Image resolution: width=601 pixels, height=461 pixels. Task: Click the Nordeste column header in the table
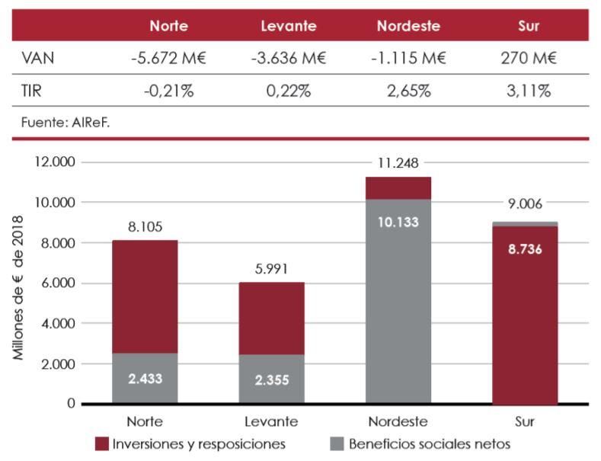point(408,26)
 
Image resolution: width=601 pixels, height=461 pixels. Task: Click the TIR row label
point(31,91)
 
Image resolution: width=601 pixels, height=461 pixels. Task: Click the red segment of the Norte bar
point(145,297)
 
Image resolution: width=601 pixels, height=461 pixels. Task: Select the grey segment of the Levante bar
point(271,379)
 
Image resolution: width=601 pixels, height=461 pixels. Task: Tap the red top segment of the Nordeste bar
point(398,188)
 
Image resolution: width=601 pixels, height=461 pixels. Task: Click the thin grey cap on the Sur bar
point(526,224)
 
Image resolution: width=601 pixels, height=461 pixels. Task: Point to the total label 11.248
point(399,163)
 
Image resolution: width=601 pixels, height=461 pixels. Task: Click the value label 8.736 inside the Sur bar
point(526,249)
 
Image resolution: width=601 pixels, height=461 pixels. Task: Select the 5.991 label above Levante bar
point(272,269)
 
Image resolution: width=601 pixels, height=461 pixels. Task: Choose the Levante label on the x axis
point(272,421)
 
